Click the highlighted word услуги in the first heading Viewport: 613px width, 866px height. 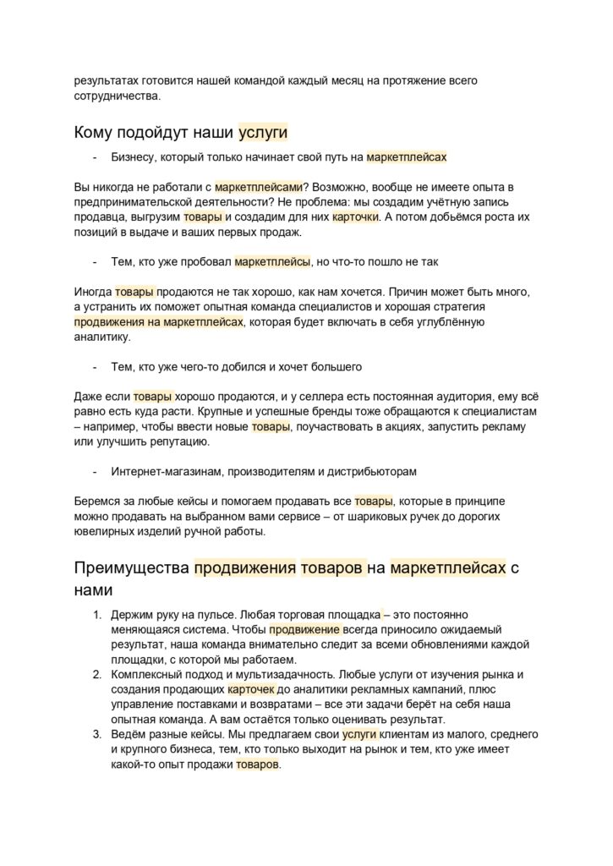pos(263,132)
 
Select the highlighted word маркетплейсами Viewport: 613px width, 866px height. pos(257,186)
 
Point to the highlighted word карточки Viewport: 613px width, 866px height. pos(356,217)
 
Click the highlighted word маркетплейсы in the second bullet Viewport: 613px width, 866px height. pos(272,262)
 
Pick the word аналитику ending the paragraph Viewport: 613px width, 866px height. pos(102,337)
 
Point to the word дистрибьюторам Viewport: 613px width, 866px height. pos(370,470)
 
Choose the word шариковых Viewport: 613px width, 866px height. pos(395,517)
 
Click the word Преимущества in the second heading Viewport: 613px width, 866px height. pos(132,567)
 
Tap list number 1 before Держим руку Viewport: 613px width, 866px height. pos(97,615)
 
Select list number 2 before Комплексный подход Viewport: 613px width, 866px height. pos(97,674)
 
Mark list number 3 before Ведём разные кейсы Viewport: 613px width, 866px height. pos(97,734)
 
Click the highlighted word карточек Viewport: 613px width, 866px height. pos(251,689)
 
